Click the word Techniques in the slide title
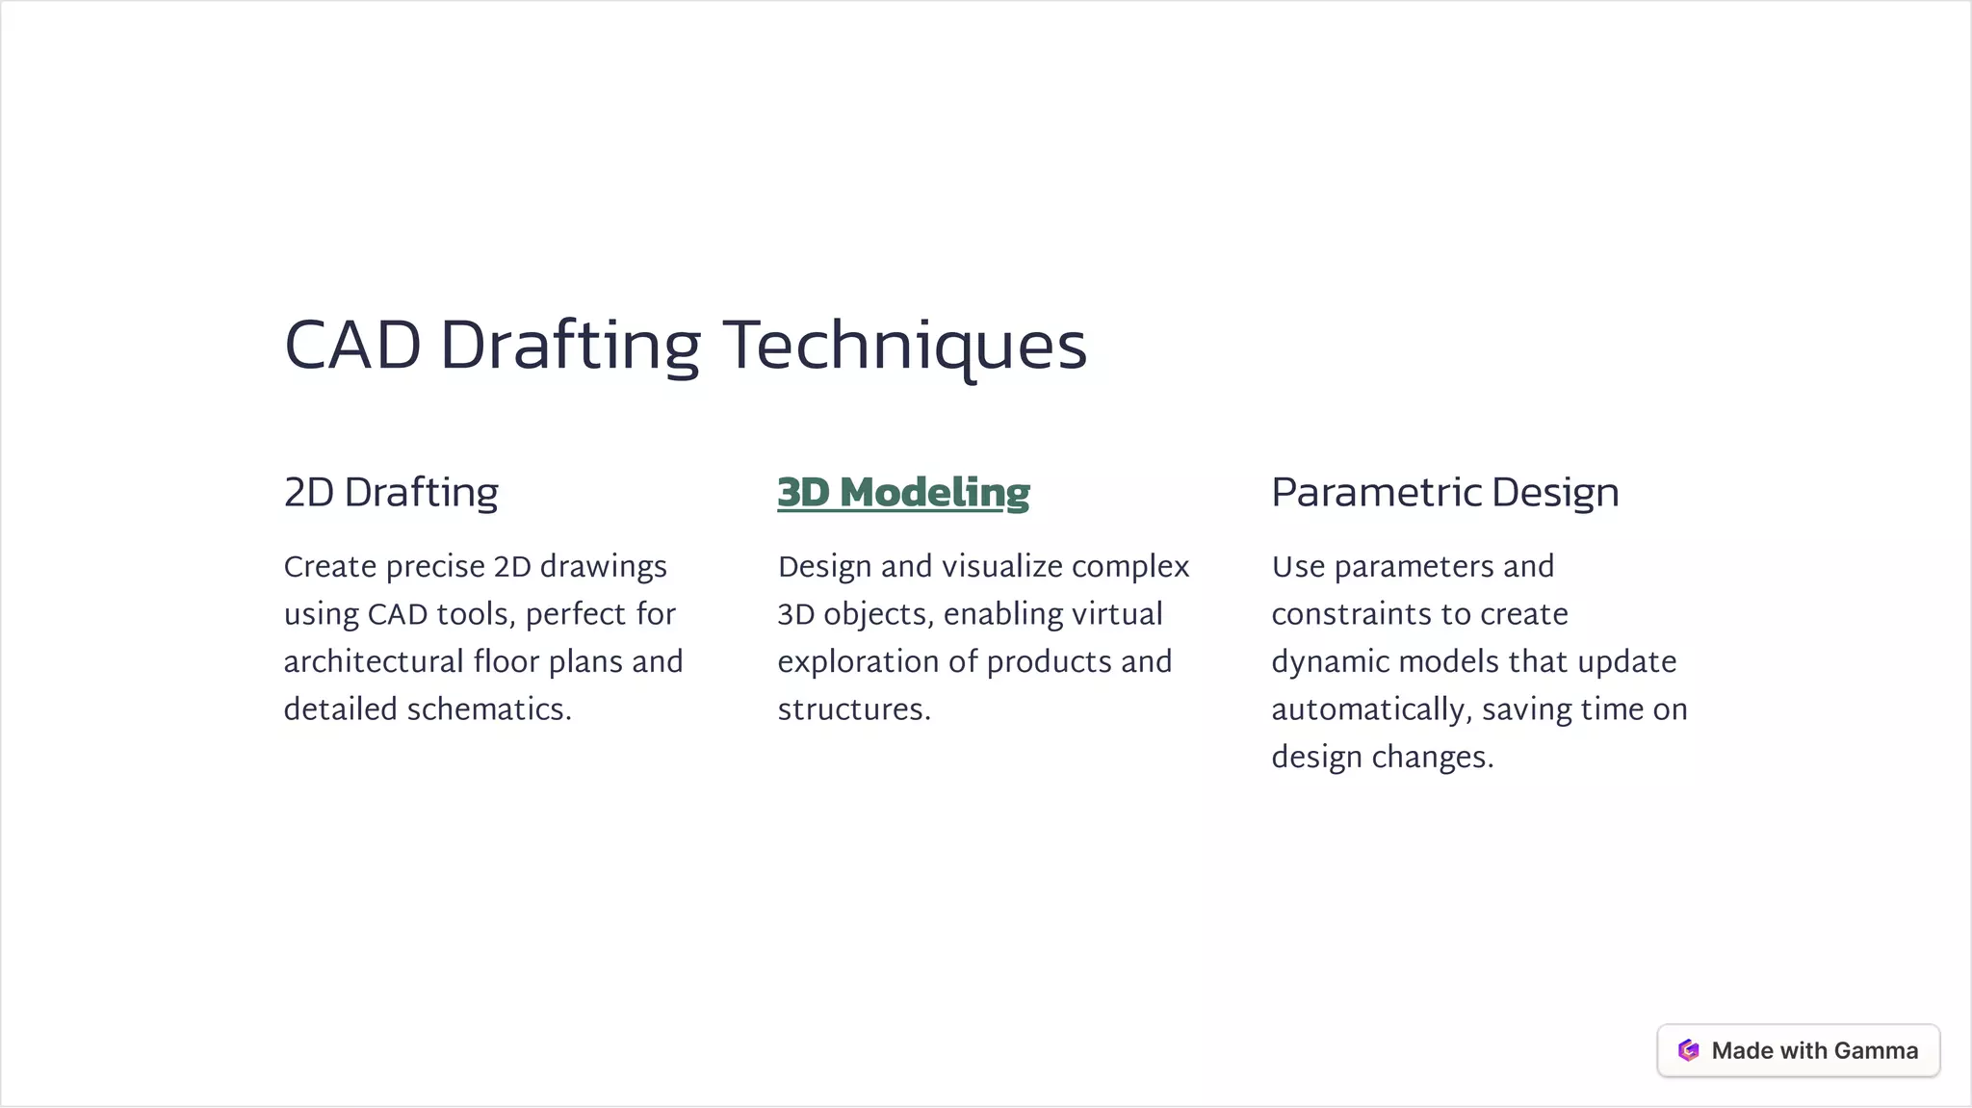(904, 346)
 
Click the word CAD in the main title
(352, 346)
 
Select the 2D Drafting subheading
(391, 492)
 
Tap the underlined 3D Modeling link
(903, 492)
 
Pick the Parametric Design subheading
(1444, 492)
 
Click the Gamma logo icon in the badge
(1688, 1050)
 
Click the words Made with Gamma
(1814, 1050)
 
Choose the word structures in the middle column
(852, 709)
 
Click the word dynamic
(1330, 662)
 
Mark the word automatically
(1368, 709)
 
